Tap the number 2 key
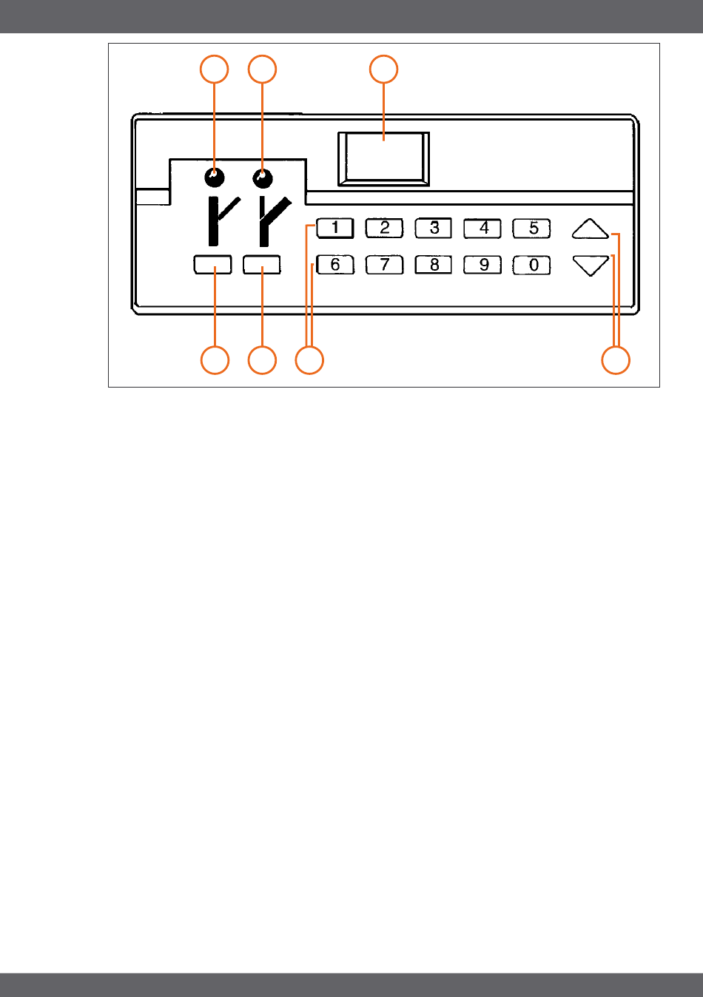point(385,229)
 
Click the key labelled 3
point(434,229)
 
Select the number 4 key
point(482,229)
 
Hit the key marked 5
point(532,229)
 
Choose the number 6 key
point(335,265)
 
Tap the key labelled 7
point(385,265)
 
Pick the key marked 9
point(482,265)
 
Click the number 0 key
point(532,265)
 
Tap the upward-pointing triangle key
point(591,229)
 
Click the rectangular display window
point(383,158)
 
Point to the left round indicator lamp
point(214,178)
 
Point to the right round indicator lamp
point(262,178)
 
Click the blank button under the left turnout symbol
point(213,265)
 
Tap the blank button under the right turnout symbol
point(262,265)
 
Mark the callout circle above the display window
point(383,69)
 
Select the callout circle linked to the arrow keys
point(616,361)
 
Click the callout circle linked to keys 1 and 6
point(309,361)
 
